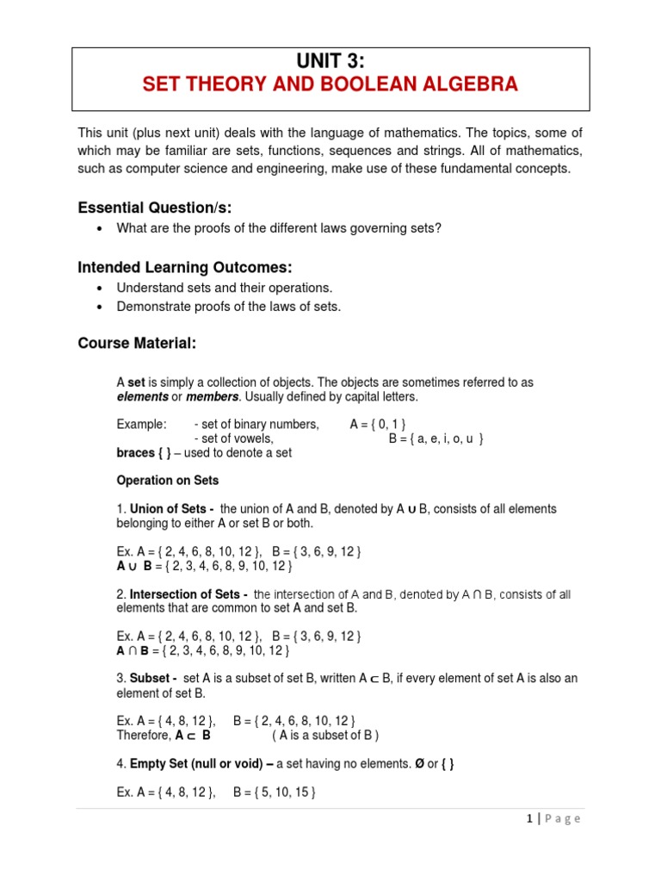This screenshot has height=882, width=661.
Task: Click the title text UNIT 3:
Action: click(330, 60)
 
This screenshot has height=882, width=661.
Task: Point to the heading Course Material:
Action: click(137, 344)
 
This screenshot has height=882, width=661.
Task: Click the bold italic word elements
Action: click(142, 396)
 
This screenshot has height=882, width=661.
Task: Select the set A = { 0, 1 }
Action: click(378, 424)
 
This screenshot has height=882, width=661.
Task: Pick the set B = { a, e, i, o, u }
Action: click(436, 438)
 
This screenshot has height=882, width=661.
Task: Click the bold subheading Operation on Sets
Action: click(167, 481)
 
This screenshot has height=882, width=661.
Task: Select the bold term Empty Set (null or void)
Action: click(202, 763)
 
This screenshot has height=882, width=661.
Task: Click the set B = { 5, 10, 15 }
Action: click(275, 792)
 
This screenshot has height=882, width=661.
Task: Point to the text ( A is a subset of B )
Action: click(325, 735)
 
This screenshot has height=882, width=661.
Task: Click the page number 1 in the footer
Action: click(529, 819)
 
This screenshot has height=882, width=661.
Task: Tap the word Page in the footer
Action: click(564, 819)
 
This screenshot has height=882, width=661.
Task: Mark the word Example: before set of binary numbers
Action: click(141, 424)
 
